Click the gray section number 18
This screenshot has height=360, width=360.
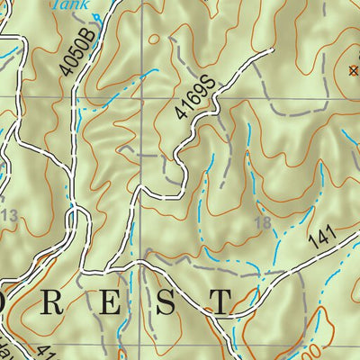pos(264,221)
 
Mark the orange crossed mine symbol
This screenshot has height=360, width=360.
pos(353,69)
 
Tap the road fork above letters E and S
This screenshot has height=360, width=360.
pos(141,266)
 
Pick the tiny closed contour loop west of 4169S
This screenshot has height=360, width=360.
pos(154,39)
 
